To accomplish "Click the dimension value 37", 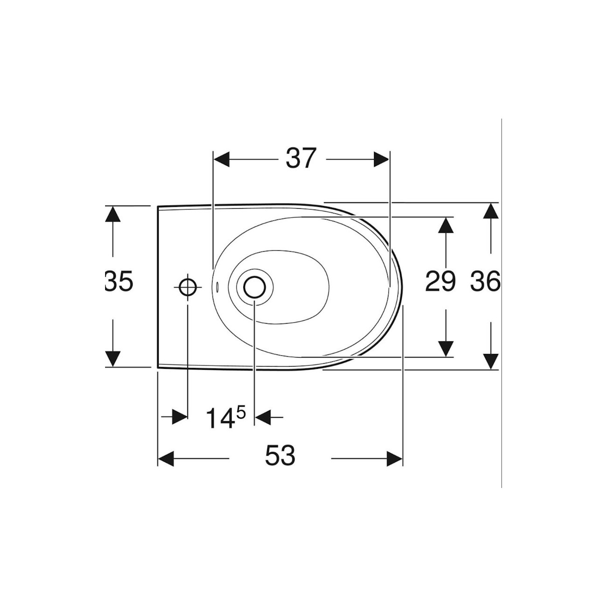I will coord(301,159).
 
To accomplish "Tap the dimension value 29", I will coord(440,282).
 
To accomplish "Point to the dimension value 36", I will coord(485,282).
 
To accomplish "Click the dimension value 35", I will coord(120,282).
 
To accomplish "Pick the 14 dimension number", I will coord(220,418).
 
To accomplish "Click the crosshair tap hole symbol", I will coord(188,287).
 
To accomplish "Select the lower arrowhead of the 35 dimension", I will coord(112,359).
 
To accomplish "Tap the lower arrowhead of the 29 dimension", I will coord(446,348).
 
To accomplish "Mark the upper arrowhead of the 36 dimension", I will coord(490,211).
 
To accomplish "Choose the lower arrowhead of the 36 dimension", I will coord(490,361).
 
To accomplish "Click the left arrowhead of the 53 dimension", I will coord(166,459).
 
